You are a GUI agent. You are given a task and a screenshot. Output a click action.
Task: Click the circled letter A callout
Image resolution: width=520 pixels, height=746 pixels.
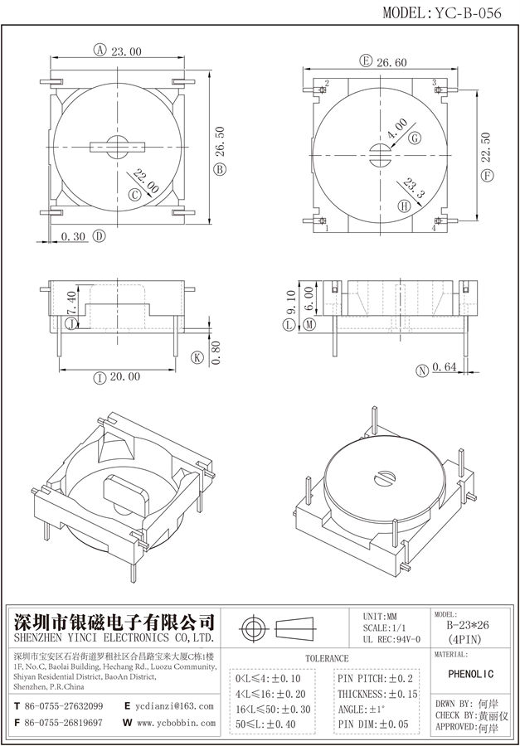coord(100,51)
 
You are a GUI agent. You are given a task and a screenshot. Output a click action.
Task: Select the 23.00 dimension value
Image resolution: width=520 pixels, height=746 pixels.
coord(125,51)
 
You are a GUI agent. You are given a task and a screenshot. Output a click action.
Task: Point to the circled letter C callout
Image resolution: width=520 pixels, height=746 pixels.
coord(134,196)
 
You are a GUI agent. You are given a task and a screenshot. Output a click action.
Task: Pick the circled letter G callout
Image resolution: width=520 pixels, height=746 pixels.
coord(413,139)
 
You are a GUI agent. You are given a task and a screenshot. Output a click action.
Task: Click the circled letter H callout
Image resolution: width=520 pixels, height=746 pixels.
coord(404,206)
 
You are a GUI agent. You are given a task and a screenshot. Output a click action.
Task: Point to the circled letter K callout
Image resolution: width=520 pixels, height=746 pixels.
coord(197,358)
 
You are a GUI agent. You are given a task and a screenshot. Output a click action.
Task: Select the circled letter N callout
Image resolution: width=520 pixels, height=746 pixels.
coord(422,370)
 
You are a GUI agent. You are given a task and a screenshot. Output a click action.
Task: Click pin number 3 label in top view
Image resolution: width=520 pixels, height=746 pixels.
coord(434,83)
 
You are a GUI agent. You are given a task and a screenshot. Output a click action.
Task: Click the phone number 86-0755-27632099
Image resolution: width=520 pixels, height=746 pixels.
coord(64,706)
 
